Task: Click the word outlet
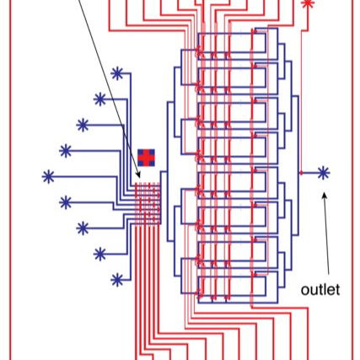coord(320,289)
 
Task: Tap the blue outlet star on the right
coord(323,172)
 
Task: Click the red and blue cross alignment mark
coord(147,156)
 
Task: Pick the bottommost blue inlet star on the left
coord(117,278)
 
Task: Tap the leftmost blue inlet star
coord(48,176)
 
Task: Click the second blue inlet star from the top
coord(100,99)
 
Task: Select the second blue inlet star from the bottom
coord(99,253)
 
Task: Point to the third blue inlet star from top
coord(83,125)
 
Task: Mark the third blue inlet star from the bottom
coord(83,228)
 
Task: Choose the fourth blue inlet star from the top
coord(66,151)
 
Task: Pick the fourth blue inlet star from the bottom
coord(66,202)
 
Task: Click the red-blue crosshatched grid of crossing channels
coord(148,202)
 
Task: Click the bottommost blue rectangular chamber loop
coord(261,287)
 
